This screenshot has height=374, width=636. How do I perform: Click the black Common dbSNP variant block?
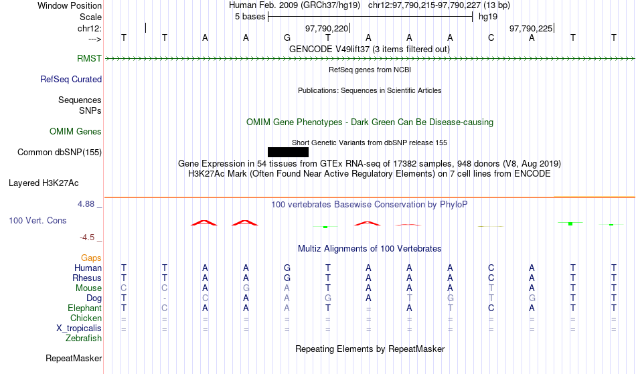click(x=288, y=153)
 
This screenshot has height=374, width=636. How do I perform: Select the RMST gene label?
click(x=89, y=58)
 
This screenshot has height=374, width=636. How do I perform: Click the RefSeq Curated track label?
click(x=71, y=79)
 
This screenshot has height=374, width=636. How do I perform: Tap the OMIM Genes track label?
click(x=76, y=131)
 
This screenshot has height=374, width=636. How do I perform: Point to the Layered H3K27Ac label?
click(x=44, y=183)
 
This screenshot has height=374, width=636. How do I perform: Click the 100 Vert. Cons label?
click(x=37, y=220)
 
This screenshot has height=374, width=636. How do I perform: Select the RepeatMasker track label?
click(x=74, y=358)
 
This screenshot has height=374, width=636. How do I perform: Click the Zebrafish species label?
click(x=84, y=338)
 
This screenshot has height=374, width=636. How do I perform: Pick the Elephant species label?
click(x=85, y=308)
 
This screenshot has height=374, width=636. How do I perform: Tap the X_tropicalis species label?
click(x=79, y=329)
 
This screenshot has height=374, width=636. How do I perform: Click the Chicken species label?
click(x=86, y=318)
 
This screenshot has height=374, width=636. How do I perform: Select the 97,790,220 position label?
click(x=327, y=28)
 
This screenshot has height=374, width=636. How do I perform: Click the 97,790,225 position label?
click(x=531, y=28)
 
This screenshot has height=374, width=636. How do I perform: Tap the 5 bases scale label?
click(x=250, y=17)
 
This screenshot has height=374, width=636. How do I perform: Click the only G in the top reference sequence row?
click(x=287, y=37)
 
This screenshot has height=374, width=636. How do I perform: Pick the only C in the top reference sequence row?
click(x=491, y=37)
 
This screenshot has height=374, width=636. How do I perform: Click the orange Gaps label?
click(x=91, y=258)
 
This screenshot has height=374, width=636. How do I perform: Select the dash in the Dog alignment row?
click(x=164, y=298)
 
